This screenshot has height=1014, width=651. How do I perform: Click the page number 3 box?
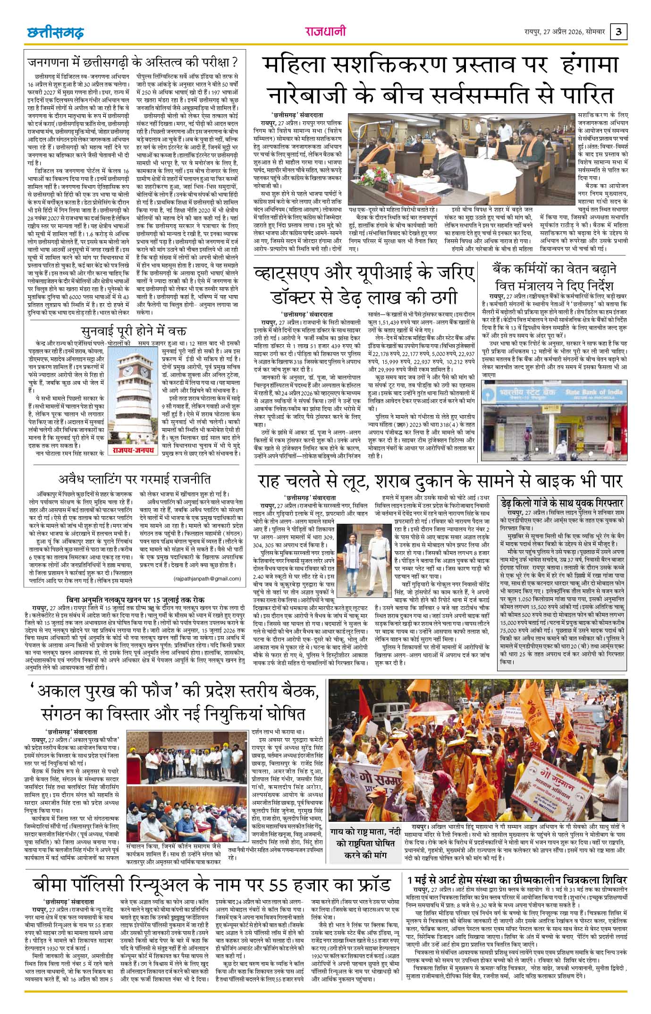pyautogui.click(x=619, y=33)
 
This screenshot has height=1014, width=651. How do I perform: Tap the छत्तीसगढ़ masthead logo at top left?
pyautogui.click(x=55, y=33)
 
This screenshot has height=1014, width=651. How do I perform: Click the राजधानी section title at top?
pyautogui.click(x=325, y=32)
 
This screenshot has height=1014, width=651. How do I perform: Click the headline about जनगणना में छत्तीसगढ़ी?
pyautogui.click(x=132, y=62)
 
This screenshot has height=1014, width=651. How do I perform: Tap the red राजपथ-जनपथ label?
pyautogui.click(x=133, y=450)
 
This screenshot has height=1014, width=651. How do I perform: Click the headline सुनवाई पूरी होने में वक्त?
pyautogui.click(x=134, y=330)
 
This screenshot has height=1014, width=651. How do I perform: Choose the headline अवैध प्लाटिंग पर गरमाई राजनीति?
pyautogui.click(x=134, y=479)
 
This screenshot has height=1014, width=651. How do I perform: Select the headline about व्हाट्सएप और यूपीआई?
pyautogui.click(x=362, y=285)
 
